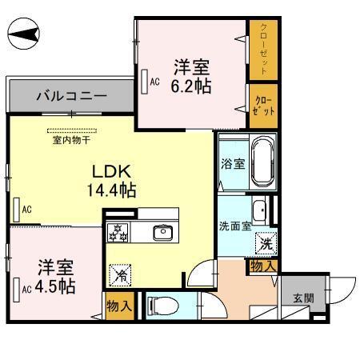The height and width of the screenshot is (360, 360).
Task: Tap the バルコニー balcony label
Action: point(71,97)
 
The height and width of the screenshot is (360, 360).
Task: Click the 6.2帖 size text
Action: point(192,85)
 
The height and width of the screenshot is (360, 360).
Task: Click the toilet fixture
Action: point(159,305)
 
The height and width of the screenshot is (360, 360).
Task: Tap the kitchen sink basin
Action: point(163,232)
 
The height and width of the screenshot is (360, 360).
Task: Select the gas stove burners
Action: point(119,233)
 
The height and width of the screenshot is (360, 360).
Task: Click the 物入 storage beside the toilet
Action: point(119,306)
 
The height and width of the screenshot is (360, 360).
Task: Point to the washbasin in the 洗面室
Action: point(260,211)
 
